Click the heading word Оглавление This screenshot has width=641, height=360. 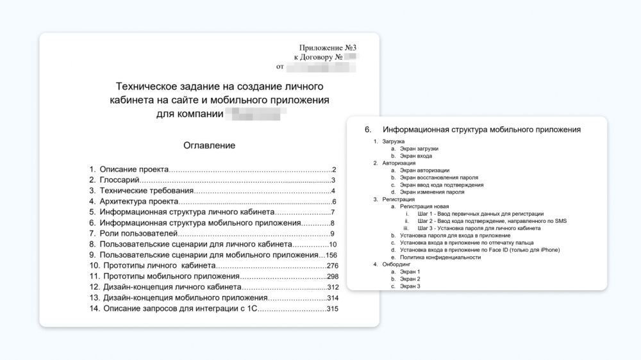pos(209,145)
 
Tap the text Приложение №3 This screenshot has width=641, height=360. pos(327,47)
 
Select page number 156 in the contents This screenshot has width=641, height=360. pos(332,255)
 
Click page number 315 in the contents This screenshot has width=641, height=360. pos(332,309)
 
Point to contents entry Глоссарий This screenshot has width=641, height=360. pos(120,180)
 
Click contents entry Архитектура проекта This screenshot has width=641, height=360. pos(138,201)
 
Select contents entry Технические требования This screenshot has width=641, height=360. pos(146,191)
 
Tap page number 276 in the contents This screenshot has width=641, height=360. pos(332,266)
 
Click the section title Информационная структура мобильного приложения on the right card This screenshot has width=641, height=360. pos(481,129)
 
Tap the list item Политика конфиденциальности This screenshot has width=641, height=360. pos(440,257)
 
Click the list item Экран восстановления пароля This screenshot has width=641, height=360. pos(439,177)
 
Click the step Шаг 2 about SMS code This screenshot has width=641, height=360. pos(492,221)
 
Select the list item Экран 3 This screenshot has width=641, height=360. pos(410,286)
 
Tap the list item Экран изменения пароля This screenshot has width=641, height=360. pos(432,192)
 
